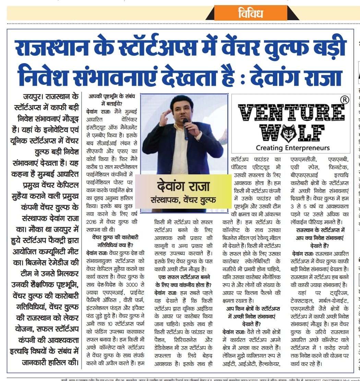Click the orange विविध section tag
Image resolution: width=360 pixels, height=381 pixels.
click(x=250, y=13)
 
